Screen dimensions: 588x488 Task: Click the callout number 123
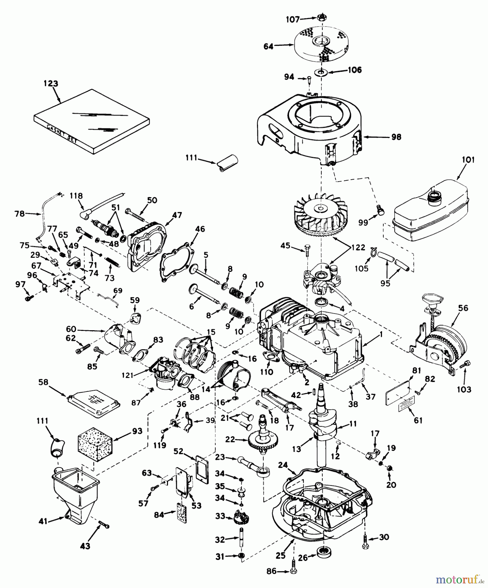[x=51, y=84]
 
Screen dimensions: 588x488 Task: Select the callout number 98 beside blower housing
[x=396, y=137]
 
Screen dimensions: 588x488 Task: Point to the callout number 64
[x=268, y=46]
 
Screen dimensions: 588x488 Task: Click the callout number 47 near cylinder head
[x=177, y=215]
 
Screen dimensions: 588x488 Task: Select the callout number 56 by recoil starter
[x=463, y=308]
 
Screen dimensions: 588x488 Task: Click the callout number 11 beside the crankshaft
[x=353, y=424]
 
